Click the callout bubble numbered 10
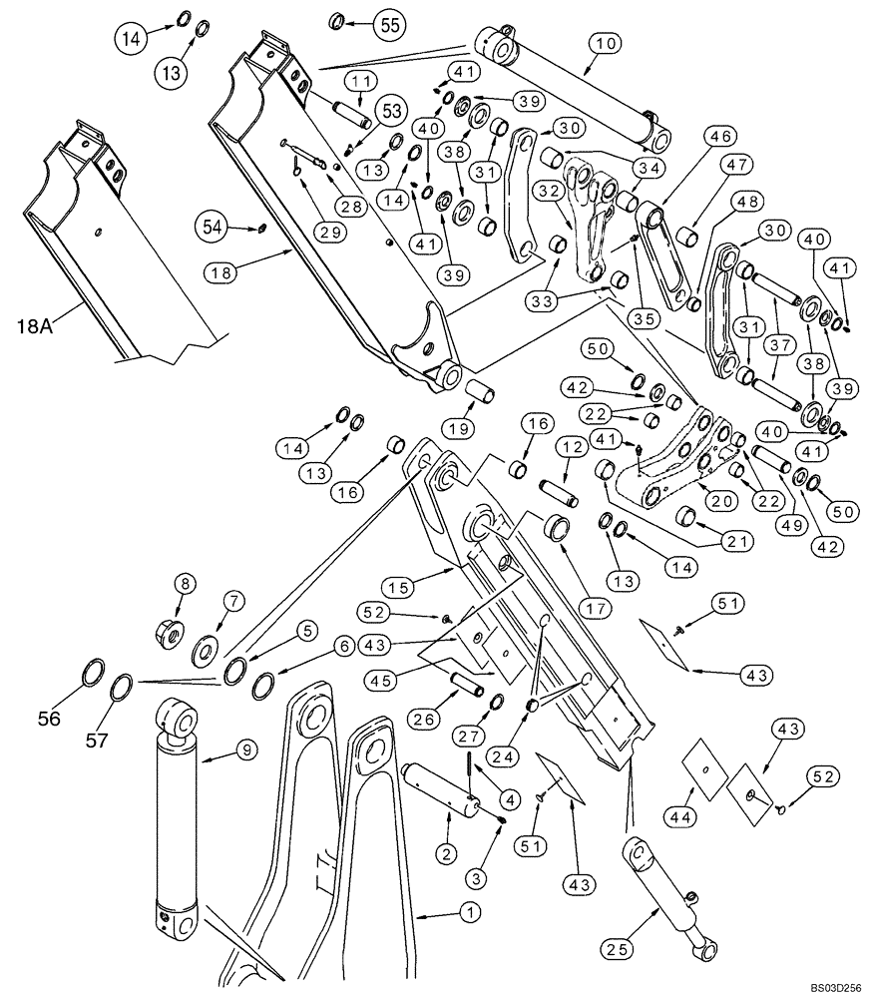point(608,43)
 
